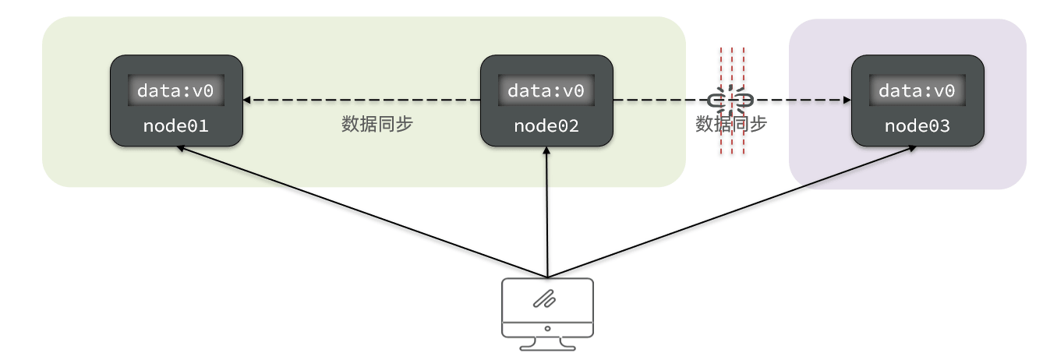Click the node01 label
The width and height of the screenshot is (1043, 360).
tap(175, 125)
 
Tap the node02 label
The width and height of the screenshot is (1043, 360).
tap(546, 125)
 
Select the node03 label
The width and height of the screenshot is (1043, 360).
tap(917, 125)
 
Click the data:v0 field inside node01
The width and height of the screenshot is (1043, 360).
tap(175, 91)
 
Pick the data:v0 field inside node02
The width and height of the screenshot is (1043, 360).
tap(546, 91)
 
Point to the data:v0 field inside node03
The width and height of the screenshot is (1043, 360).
tap(917, 91)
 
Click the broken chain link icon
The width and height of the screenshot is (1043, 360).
tap(730, 101)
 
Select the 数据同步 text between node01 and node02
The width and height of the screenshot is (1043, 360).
tap(377, 125)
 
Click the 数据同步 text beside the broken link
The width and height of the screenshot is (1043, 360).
tap(731, 125)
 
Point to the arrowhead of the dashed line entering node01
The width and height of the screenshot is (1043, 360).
tap(247, 101)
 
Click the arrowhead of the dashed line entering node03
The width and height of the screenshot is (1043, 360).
tap(846, 101)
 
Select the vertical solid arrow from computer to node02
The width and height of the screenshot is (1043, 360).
tap(547, 212)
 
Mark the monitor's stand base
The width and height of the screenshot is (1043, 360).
tap(547, 347)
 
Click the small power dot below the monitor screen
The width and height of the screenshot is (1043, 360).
tap(547, 329)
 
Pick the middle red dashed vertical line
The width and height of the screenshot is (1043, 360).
tap(732, 78)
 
